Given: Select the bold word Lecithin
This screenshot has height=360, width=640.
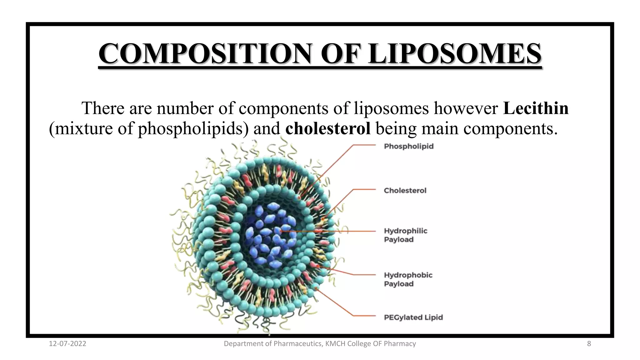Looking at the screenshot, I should (536, 108).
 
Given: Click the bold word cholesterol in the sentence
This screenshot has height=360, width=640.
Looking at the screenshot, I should (328, 128).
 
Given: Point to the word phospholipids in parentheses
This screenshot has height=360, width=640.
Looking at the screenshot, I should (190, 128).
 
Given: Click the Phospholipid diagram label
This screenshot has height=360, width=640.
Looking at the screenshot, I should (408, 146).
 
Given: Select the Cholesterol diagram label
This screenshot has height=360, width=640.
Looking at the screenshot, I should (405, 190).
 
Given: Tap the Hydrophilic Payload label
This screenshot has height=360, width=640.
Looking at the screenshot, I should (405, 235).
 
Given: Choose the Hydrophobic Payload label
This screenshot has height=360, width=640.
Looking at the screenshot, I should (408, 279).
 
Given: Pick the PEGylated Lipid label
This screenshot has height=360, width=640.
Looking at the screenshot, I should (413, 317).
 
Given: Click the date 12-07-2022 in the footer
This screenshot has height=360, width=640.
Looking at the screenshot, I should (67, 344).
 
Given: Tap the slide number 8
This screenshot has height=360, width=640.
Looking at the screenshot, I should (589, 344).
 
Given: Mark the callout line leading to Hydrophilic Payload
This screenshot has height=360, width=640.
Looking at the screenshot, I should (344, 231).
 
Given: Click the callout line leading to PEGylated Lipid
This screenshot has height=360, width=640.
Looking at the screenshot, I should (362, 316).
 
